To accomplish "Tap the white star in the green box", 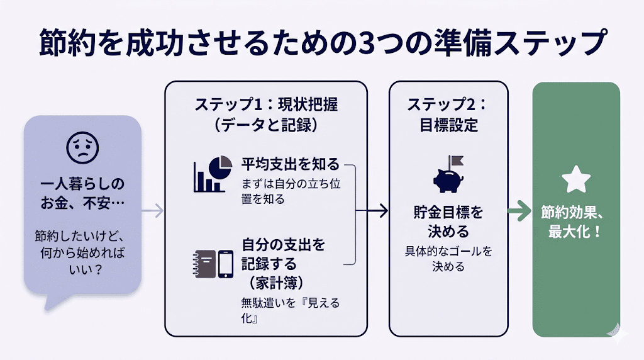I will (576, 180).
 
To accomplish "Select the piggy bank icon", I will (450, 179).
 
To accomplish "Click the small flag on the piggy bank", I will (454, 160).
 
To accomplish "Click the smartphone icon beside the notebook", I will (226, 264).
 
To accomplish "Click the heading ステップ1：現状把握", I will (265, 104).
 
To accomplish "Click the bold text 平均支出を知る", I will (290, 164).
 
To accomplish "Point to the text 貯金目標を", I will (448, 213).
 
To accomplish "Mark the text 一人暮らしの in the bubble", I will (82, 184).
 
